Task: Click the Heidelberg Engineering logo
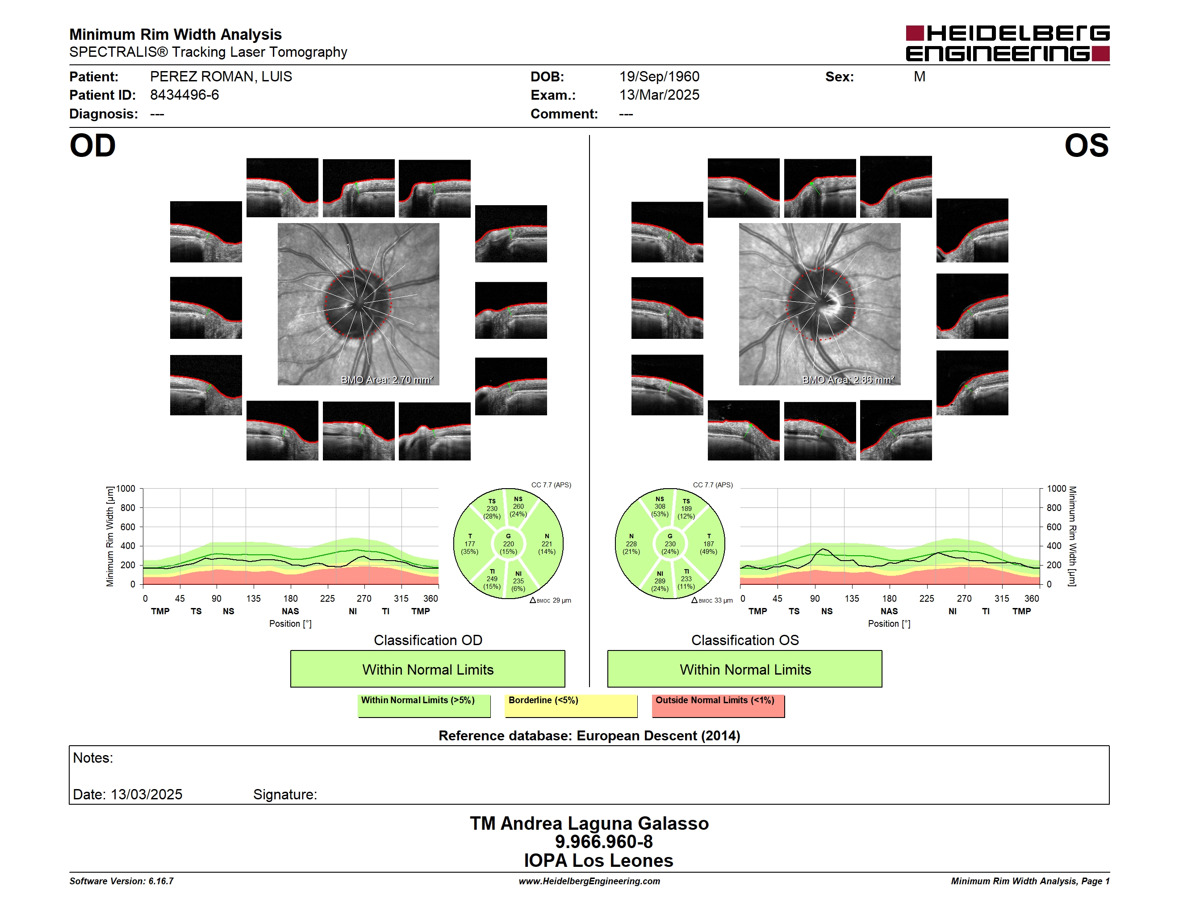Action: (1008, 43)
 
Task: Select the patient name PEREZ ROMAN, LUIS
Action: (221, 77)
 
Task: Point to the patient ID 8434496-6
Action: (184, 95)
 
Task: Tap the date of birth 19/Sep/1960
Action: (659, 77)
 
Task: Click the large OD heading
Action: (92, 146)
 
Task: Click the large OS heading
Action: (1087, 146)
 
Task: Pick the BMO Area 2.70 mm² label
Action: (387, 380)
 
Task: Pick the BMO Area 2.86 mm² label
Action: (848, 380)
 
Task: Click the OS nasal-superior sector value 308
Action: (660, 507)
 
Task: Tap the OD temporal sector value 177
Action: (470, 544)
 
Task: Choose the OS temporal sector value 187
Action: (708, 544)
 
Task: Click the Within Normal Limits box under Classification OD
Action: (427, 669)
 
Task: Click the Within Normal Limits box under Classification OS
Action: (745, 669)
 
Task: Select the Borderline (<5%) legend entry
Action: (571, 705)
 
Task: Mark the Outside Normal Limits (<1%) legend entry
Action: (719, 705)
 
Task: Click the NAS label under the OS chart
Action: (889, 611)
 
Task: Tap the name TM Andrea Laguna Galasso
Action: (589, 823)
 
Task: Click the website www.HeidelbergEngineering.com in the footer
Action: (589, 881)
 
